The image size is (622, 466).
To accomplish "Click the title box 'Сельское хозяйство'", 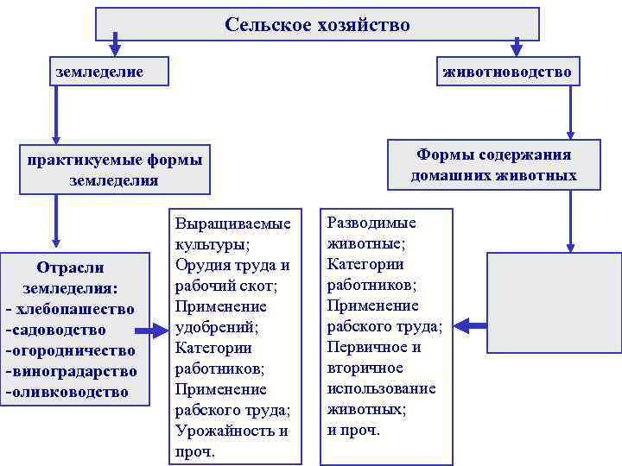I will pyautogui.click(x=317, y=24).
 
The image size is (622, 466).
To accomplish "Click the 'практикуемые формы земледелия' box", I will pyautogui.click(x=114, y=170).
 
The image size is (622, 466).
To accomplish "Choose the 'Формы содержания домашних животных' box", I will pyautogui.click(x=493, y=165).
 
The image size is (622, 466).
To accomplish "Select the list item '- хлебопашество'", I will pyautogui.click(x=70, y=309).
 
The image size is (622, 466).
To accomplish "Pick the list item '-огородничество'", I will pyautogui.click(x=70, y=350).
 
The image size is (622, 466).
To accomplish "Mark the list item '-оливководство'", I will pyautogui.click(x=67, y=392).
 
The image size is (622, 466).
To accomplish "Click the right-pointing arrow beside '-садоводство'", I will pyautogui.click(x=155, y=331).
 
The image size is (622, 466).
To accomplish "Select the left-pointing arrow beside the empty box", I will pyautogui.click(x=472, y=325).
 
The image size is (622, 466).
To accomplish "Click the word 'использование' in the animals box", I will pyautogui.click(x=381, y=388).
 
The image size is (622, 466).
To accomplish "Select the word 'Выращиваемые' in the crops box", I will pyautogui.click(x=232, y=223).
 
